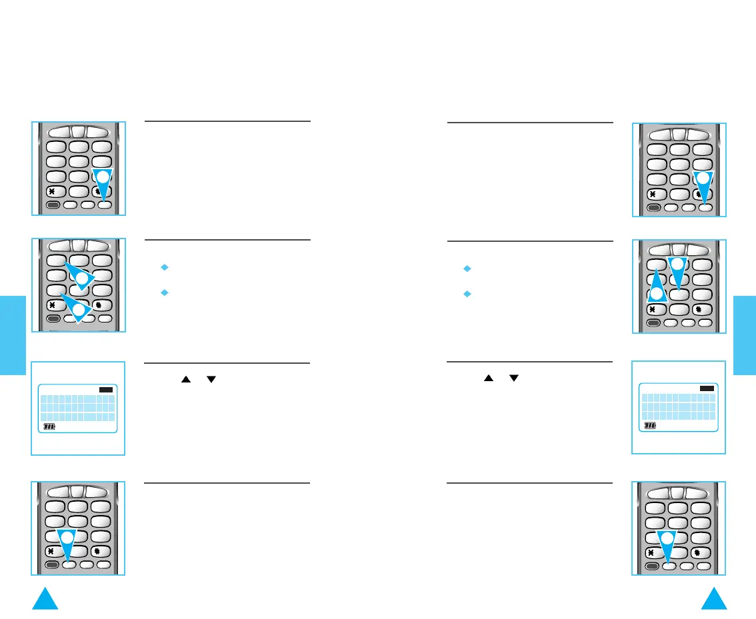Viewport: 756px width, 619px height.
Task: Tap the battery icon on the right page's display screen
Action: (651, 425)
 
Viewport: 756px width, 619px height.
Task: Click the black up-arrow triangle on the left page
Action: (187, 379)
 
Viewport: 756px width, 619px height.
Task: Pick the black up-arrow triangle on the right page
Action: (488, 378)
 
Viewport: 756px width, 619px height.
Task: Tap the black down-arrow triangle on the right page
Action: (513, 378)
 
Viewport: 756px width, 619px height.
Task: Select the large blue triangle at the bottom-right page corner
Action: (714, 600)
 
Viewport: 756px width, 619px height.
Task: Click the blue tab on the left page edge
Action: (12, 335)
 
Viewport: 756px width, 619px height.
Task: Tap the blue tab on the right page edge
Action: (744, 335)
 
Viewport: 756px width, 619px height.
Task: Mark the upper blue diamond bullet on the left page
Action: (165, 268)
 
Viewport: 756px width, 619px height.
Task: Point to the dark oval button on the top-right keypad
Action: (655, 208)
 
